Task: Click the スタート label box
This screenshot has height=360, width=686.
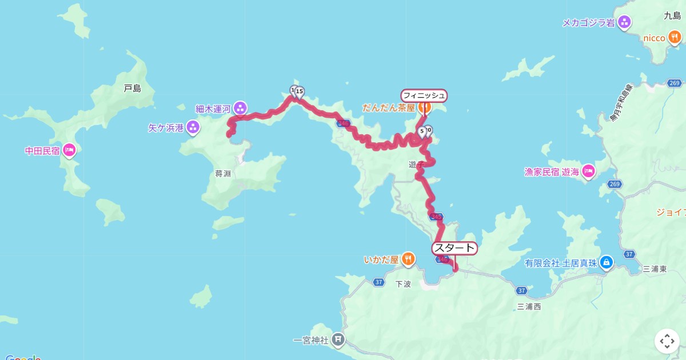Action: (454, 248)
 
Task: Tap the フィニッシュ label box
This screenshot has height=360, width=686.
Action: (424, 95)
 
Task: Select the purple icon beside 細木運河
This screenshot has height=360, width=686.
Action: (240, 107)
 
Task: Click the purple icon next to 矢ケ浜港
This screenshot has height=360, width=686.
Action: (193, 127)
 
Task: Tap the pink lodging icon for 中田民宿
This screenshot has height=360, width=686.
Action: (69, 150)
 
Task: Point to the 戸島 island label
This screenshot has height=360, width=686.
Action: (132, 89)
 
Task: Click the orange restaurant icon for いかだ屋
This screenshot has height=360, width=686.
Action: (408, 259)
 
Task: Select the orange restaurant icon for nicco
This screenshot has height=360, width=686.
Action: (675, 38)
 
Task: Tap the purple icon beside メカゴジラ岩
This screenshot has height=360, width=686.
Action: (625, 22)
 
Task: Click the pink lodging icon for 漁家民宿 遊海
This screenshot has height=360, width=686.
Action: (588, 171)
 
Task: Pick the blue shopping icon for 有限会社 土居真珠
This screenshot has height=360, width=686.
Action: (607, 263)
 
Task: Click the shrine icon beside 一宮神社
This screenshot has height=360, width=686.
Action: (338, 340)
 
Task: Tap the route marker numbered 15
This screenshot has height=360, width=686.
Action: (299, 91)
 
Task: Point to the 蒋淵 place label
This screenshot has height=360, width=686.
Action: (223, 174)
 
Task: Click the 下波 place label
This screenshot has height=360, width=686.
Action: (403, 284)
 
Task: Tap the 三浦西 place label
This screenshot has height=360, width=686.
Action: (528, 307)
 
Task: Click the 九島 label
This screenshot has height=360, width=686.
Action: (672, 17)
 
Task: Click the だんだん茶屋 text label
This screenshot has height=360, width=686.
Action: (388, 107)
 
